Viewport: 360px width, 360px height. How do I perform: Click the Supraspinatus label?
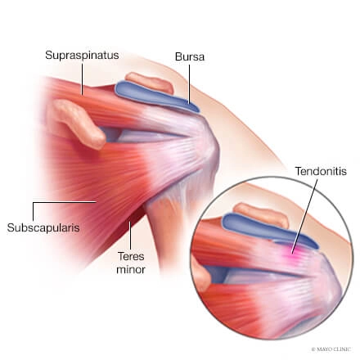click(x=82, y=55)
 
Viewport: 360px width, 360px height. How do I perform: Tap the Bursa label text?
click(x=190, y=56)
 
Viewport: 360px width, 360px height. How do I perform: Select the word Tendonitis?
click(x=321, y=171)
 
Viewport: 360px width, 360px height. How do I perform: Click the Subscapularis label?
click(x=43, y=227)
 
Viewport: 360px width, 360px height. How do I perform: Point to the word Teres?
click(x=131, y=256)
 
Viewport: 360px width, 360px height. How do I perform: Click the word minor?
click(x=131, y=270)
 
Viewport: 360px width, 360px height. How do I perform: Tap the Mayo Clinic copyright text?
click(x=331, y=349)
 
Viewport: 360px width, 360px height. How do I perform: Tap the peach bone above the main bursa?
click(x=150, y=82)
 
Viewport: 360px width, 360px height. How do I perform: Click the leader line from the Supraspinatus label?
click(x=83, y=79)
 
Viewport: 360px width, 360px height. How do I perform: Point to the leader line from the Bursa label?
click(x=189, y=84)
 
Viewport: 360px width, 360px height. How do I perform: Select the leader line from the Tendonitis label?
click(x=305, y=216)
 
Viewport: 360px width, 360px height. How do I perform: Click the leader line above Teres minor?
click(x=130, y=235)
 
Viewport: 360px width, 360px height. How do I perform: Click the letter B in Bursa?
click(x=178, y=56)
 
